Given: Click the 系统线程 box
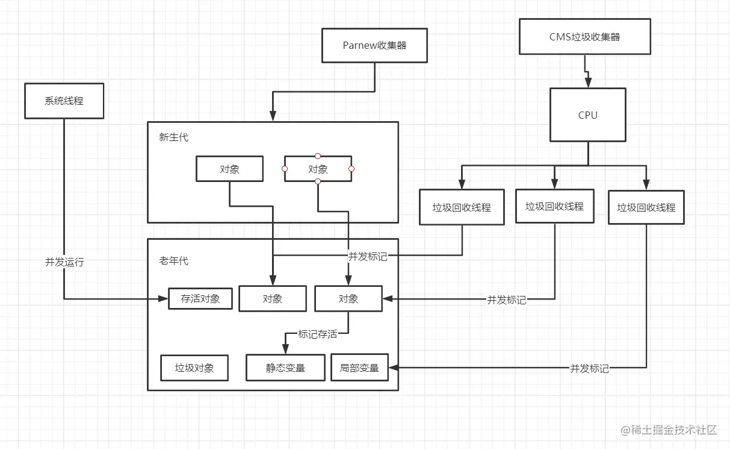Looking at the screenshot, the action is tap(64, 101).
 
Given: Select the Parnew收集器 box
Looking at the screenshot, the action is tap(374, 45).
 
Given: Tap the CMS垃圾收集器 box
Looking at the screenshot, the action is tap(584, 37).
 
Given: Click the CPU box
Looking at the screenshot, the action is tap(587, 115).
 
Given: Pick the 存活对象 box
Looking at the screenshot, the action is tap(200, 298).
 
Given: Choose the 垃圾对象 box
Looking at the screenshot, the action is tap(194, 368).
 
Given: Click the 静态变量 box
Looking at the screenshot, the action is tap(285, 368).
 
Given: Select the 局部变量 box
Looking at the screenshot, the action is tap(359, 368).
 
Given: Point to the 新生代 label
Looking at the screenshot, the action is tap(173, 137).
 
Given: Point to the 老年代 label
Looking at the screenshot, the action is tap(173, 261).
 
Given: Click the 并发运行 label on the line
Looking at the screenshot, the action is tap(64, 262).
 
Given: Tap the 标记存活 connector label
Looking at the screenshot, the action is tap(317, 334).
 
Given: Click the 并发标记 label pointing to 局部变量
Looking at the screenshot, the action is tap(589, 369).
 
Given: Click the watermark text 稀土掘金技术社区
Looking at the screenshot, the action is tap(673, 430).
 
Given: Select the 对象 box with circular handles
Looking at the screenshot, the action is tap(318, 169).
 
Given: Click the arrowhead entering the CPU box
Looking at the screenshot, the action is tap(588, 83).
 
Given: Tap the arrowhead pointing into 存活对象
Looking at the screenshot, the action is tap(163, 298).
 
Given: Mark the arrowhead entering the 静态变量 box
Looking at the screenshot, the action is tap(285, 349).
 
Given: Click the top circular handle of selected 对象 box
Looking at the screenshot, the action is tap(318, 156).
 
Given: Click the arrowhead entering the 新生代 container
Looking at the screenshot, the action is tap(273, 116).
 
